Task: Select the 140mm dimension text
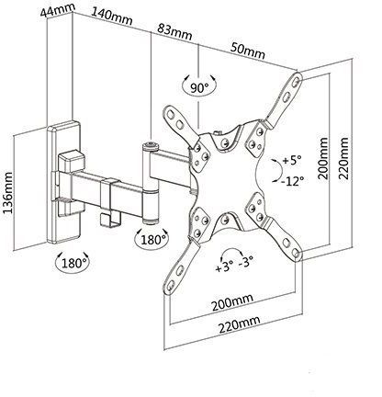111,17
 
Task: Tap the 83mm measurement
174,31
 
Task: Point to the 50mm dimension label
248,51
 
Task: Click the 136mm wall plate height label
7,193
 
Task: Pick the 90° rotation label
199,88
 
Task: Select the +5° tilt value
292,160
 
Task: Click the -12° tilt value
293,181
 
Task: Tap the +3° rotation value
224,267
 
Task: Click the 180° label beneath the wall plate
73,263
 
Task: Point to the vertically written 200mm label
322,159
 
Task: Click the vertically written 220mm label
343,158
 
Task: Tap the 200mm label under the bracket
233,302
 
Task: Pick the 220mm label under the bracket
240,324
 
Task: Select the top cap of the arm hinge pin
151,146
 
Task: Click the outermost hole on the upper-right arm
296,82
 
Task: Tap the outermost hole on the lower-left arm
171,284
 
